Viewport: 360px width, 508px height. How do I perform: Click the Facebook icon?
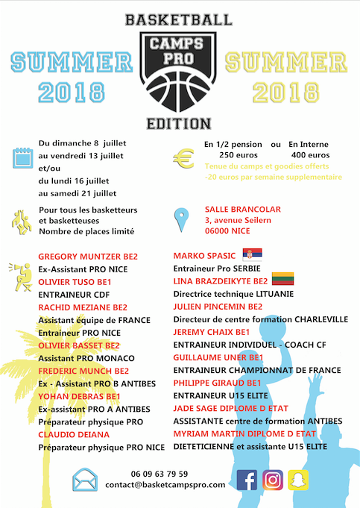click(x=247, y=480)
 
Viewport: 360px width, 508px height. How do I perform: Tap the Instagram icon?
click(x=274, y=480)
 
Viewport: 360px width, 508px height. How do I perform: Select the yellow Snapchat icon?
click(x=300, y=480)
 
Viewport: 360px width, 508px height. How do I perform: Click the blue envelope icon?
click(x=84, y=480)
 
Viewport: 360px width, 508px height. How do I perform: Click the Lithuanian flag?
click(x=283, y=280)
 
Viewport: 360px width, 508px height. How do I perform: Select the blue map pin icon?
click(x=181, y=221)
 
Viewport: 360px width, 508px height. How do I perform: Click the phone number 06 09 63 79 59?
click(x=159, y=474)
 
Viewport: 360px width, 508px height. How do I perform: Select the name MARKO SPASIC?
click(x=203, y=255)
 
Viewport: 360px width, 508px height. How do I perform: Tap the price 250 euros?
click(x=230, y=154)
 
